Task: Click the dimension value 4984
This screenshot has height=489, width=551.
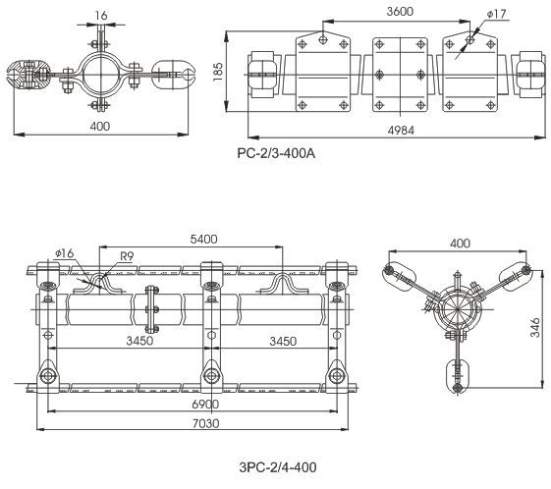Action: pyautogui.click(x=401, y=131)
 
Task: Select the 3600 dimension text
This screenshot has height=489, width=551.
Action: pyautogui.click(x=400, y=12)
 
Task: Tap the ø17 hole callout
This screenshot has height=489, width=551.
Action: pyautogui.click(x=496, y=14)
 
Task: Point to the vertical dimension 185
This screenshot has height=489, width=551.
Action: pyautogui.click(x=218, y=72)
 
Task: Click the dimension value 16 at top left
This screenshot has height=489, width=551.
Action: pyautogui.click(x=101, y=16)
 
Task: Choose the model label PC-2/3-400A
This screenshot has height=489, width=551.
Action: pyautogui.click(x=276, y=153)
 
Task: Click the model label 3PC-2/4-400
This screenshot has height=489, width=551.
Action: pyautogui.click(x=278, y=467)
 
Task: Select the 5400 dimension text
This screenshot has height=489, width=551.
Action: pyautogui.click(x=203, y=240)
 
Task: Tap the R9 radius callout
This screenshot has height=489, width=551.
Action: pyautogui.click(x=127, y=256)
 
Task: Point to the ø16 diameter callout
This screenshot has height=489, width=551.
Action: pyautogui.click(x=65, y=253)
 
